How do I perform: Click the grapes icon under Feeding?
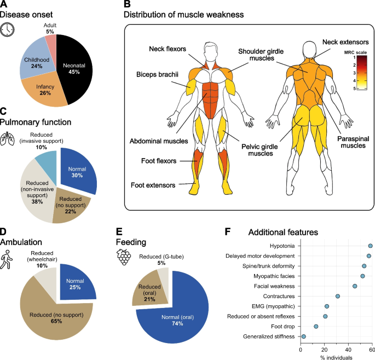pos(124,257)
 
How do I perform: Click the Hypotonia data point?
pos(371,247)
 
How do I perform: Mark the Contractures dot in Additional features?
pos(338,296)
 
